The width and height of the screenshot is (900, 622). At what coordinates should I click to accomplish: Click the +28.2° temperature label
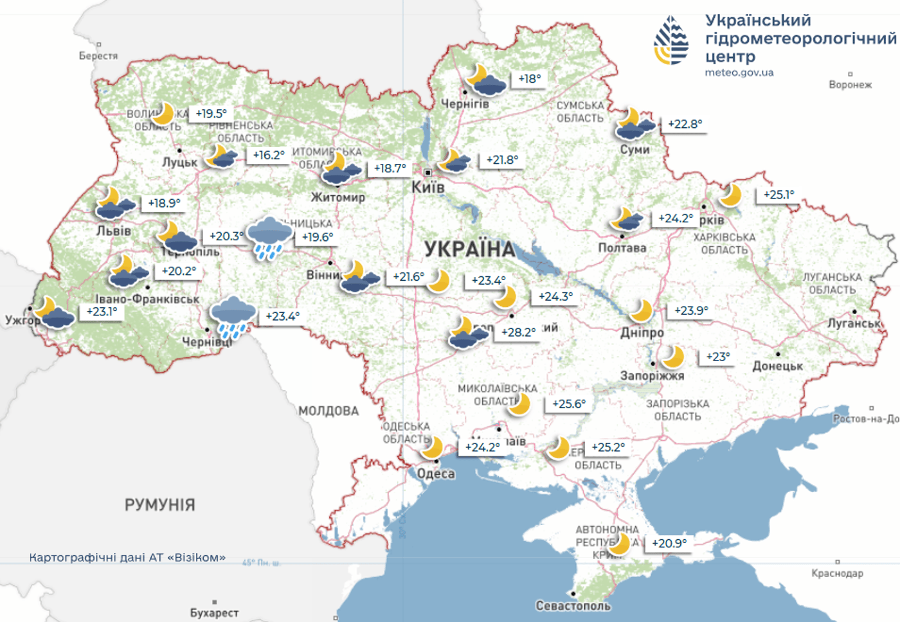click(x=518, y=332)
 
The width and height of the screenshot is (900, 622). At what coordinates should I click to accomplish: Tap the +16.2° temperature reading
click(x=269, y=155)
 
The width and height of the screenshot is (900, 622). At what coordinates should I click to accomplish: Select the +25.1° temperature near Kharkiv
click(x=779, y=194)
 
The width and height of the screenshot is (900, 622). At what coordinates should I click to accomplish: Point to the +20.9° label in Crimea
click(x=669, y=543)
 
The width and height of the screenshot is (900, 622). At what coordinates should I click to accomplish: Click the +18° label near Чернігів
click(x=529, y=78)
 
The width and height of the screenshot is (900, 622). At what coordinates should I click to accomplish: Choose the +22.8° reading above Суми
click(x=685, y=124)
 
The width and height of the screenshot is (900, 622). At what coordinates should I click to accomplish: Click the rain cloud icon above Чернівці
click(x=232, y=317)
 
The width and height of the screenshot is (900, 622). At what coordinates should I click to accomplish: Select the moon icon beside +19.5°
click(x=163, y=113)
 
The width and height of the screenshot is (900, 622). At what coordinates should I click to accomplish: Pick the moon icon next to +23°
click(x=672, y=356)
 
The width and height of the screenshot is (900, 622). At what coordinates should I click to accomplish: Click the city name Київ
click(x=428, y=187)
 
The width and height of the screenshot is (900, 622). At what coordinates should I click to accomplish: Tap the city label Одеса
click(x=436, y=474)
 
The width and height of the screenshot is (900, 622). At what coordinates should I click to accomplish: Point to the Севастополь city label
click(x=573, y=605)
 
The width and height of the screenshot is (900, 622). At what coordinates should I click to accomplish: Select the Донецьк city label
click(x=778, y=366)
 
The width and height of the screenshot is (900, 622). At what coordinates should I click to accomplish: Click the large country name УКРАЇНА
click(x=470, y=249)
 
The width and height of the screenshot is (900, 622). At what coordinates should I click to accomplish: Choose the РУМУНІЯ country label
click(x=159, y=504)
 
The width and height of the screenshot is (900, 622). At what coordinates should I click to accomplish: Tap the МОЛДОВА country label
click(x=328, y=411)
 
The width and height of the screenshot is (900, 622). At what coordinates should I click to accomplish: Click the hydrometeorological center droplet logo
click(x=671, y=40)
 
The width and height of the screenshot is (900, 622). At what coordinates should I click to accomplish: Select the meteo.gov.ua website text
click(x=739, y=73)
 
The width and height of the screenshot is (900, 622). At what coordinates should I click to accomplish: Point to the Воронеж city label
click(x=850, y=84)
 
